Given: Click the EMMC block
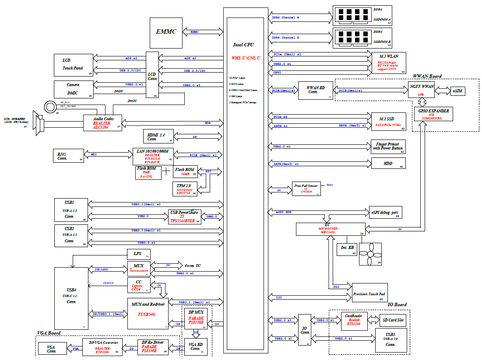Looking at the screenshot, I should click(x=166, y=32).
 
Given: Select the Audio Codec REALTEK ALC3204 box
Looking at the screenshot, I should click(x=103, y=122).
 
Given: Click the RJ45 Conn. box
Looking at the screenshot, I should click(x=67, y=155).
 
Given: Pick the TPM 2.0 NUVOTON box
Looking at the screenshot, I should click(x=184, y=189).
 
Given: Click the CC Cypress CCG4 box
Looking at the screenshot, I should click(x=138, y=285).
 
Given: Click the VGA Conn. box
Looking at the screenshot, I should click(x=52, y=349).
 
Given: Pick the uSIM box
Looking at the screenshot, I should click(x=457, y=91).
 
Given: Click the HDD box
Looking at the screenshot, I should click(x=388, y=163).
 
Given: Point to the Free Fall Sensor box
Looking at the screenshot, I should click(x=306, y=189).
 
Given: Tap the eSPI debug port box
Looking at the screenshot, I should click(x=385, y=213).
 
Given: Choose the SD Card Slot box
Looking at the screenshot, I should click(x=392, y=320).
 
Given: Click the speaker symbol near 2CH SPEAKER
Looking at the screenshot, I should click(x=39, y=127).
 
